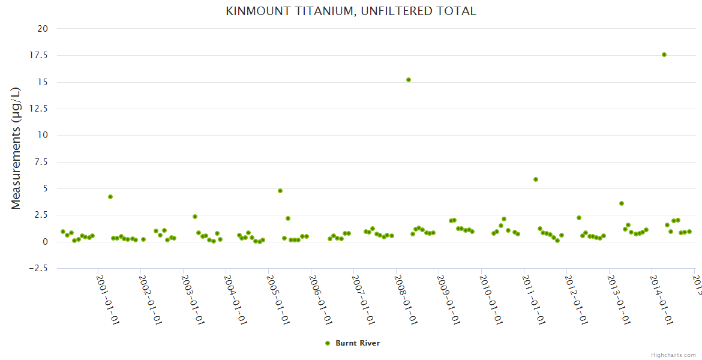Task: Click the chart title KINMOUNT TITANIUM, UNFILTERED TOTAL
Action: coord(351,11)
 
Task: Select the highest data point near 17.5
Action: coord(664,55)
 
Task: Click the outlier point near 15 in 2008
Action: coord(409,80)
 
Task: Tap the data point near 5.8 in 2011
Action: coord(536,179)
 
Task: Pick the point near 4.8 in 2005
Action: coord(280,191)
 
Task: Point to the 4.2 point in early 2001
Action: coord(110,197)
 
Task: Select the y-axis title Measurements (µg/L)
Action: coord(16,148)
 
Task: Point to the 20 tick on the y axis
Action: coord(43,29)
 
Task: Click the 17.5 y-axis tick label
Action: coord(39,55)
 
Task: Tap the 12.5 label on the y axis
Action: coord(39,109)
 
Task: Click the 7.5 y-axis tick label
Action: coord(41,162)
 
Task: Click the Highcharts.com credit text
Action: coord(674,355)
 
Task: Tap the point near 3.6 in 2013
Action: coord(622,203)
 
